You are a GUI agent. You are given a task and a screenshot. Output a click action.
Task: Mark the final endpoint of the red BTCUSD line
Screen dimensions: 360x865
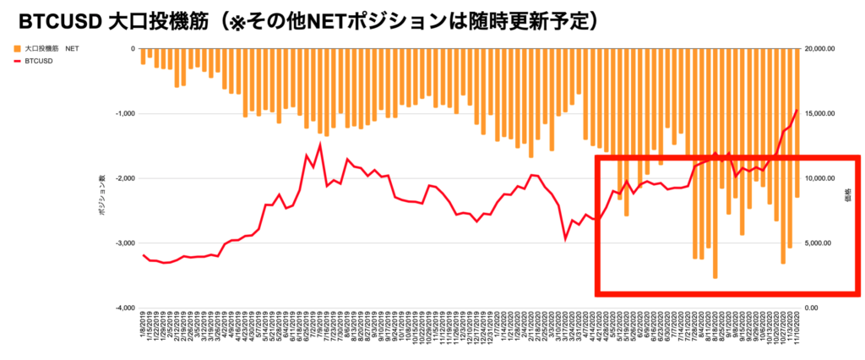[x=797, y=110]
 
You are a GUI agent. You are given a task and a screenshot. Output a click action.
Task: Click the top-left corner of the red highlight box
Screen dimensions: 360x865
[x=598, y=158]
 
